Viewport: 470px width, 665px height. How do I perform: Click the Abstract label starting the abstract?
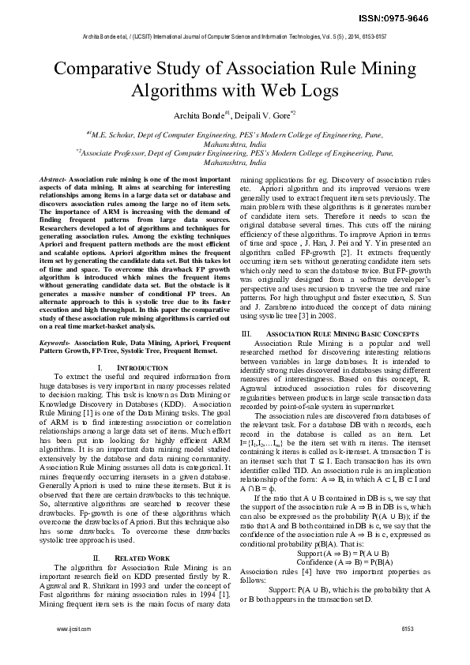[52, 180]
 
